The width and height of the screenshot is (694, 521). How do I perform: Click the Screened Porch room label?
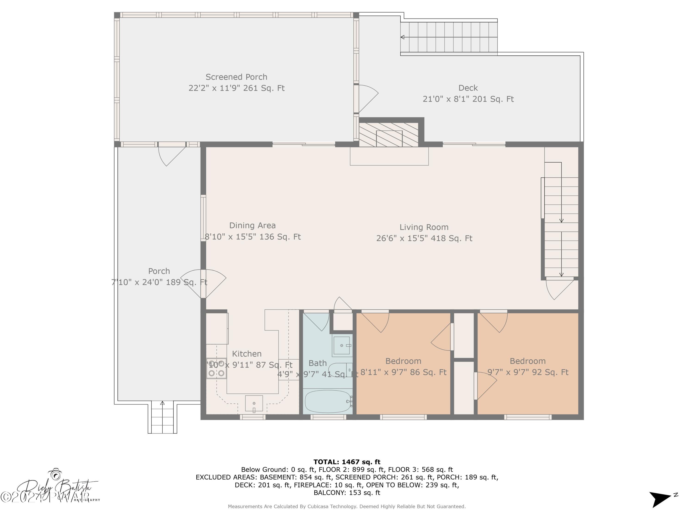coord(236,77)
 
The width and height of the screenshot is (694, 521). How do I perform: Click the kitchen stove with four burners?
coord(216,368)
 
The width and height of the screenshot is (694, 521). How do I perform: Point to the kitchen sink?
coord(254,404)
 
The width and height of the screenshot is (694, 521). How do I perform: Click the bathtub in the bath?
coord(328,401)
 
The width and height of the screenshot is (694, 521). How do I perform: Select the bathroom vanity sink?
coord(341,345)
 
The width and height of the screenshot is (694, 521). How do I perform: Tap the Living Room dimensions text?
coord(424,238)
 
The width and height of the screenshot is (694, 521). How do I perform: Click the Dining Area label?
coord(252,226)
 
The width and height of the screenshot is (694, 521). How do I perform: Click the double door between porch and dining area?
coord(203,284)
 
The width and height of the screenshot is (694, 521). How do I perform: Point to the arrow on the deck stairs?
coord(403,37)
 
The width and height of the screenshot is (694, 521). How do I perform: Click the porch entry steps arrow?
coord(162,403)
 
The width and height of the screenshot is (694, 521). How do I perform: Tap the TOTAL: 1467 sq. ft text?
coord(347,462)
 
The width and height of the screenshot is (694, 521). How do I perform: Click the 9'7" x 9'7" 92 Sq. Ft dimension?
coord(528,372)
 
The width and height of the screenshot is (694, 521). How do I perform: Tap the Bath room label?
coord(318,363)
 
